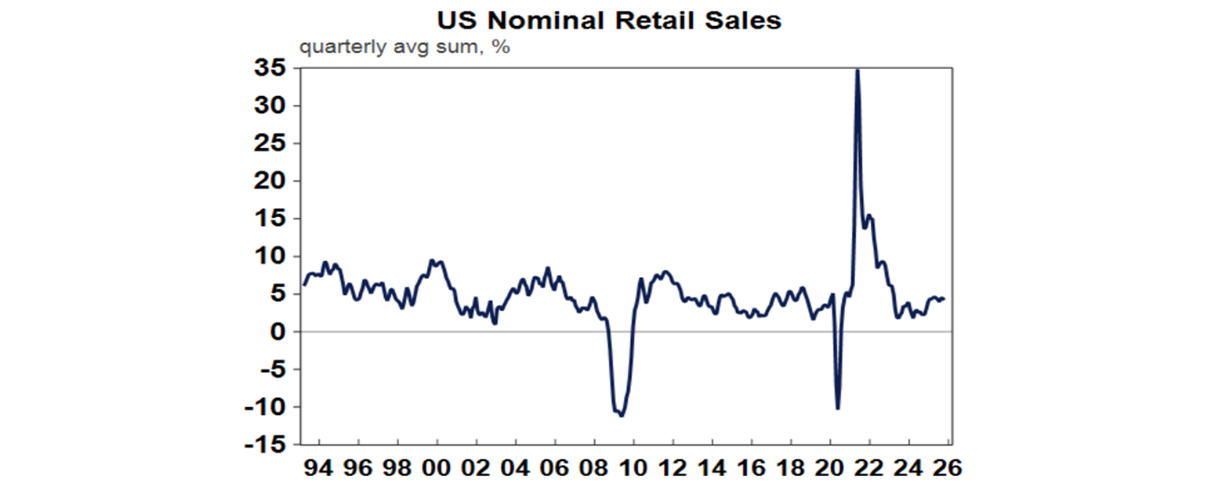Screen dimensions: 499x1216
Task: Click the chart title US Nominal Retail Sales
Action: (x=607, y=20)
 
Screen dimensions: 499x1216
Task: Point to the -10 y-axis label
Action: (x=268, y=407)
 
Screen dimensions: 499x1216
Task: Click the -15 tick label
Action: (x=268, y=445)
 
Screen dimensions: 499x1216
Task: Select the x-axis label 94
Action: (x=320, y=468)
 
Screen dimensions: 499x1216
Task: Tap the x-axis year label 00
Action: (x=438, y=468)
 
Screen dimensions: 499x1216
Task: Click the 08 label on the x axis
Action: (x=595, y=468)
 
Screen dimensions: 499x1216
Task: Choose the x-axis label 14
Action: (x=712, y=468)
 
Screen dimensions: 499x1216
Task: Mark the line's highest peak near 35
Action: (x=857, y=70)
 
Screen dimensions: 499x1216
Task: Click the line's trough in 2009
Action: (x=621, y=415)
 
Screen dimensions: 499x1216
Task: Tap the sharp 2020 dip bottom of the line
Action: (x=838, y=409)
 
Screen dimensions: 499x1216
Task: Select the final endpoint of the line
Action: (x=944, y=299)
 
